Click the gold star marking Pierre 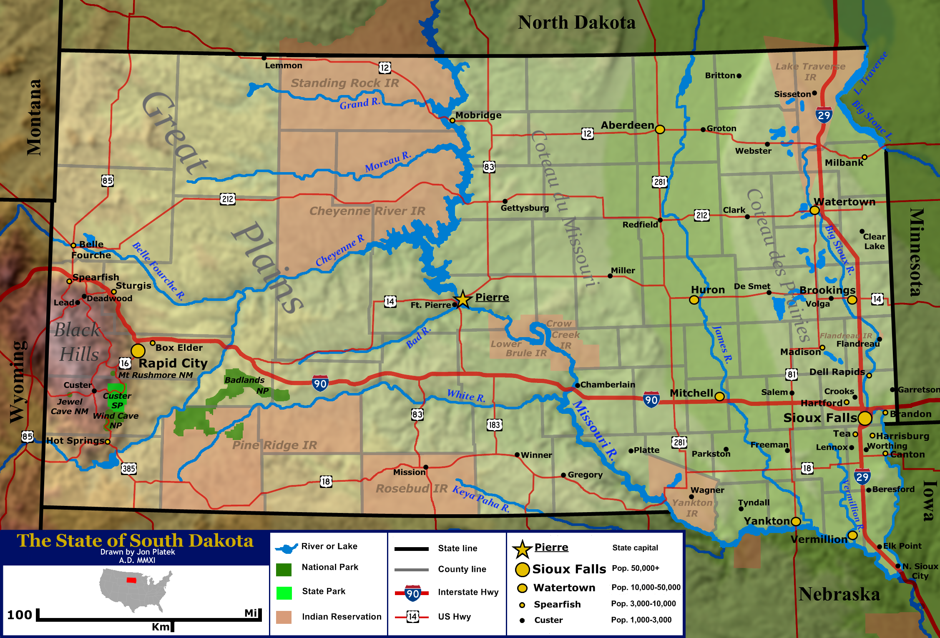[462, 299]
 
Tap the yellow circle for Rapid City [138, 351]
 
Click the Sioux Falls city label [820, 418]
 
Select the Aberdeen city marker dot [660, 129]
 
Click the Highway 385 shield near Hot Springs [129, 468]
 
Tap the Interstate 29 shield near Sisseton [824, 115]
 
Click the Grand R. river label [359, 103]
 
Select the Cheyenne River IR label [367, 211]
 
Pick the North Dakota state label [576, 23]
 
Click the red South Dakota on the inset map [131, 580]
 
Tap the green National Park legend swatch [284, 569]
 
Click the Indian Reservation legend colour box [284, 617]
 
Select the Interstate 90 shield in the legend [412, 593]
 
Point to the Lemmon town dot [264, 58]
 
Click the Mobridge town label [478, 115]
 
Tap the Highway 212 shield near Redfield [701, 215]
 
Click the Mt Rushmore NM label [156, 375]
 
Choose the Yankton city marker [796, 521]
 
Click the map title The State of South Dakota [135, 540]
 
